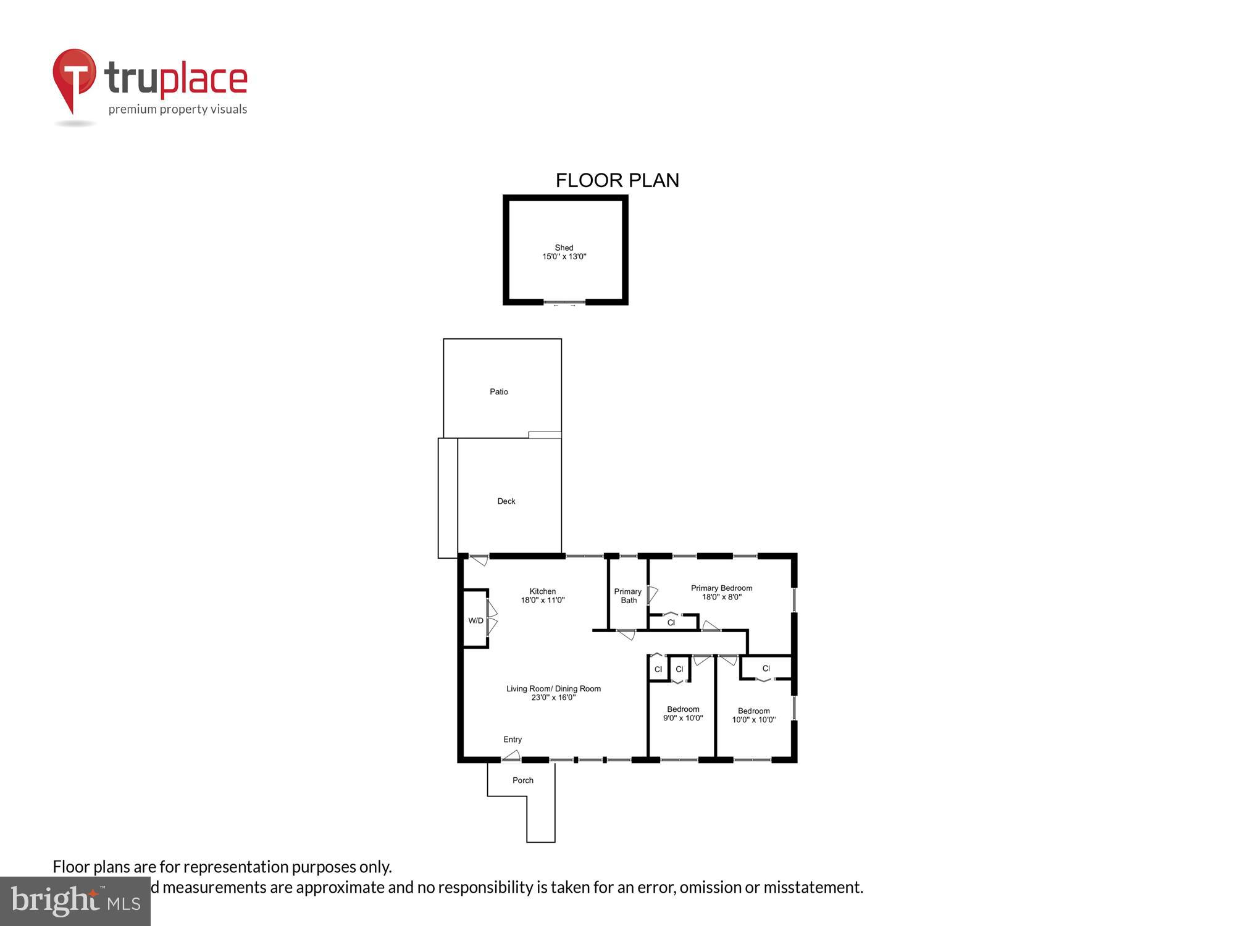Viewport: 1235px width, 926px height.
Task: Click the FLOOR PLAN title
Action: click(x=617, y=180)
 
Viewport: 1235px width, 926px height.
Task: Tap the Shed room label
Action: click(x=564, y=252)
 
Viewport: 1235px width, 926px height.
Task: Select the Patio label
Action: click(x=499, y=391)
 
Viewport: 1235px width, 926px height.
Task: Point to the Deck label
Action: click(x=506, y=501)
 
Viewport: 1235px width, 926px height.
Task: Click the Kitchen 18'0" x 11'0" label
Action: click(x=543, y=596)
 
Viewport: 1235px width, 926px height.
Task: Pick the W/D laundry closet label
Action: click(x=475, y=620)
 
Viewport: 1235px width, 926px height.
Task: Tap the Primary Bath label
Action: click(x=628, y=596)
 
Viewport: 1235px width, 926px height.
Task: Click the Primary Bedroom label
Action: click(x=721, y=593)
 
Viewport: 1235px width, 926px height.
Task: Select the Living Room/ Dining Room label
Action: click(x=553, y=693)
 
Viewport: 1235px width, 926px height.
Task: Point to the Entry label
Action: click(x=513, y=740)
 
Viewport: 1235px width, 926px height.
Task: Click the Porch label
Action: click(x=523, y=780)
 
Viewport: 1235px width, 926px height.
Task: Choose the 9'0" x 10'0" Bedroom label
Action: click(x=683, y=714)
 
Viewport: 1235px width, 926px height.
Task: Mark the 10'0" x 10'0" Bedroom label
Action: click(x=754, y=715)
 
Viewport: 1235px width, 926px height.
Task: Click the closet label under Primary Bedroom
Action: click(x=671, y=622)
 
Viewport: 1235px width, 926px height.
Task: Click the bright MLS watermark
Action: click(x=75, y=901)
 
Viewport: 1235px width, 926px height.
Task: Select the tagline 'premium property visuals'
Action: click(x=178, y=109)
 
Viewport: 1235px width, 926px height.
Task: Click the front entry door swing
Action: click(x=511, y=755)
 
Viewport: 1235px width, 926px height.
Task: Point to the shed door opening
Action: click(x=564, y=302)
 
